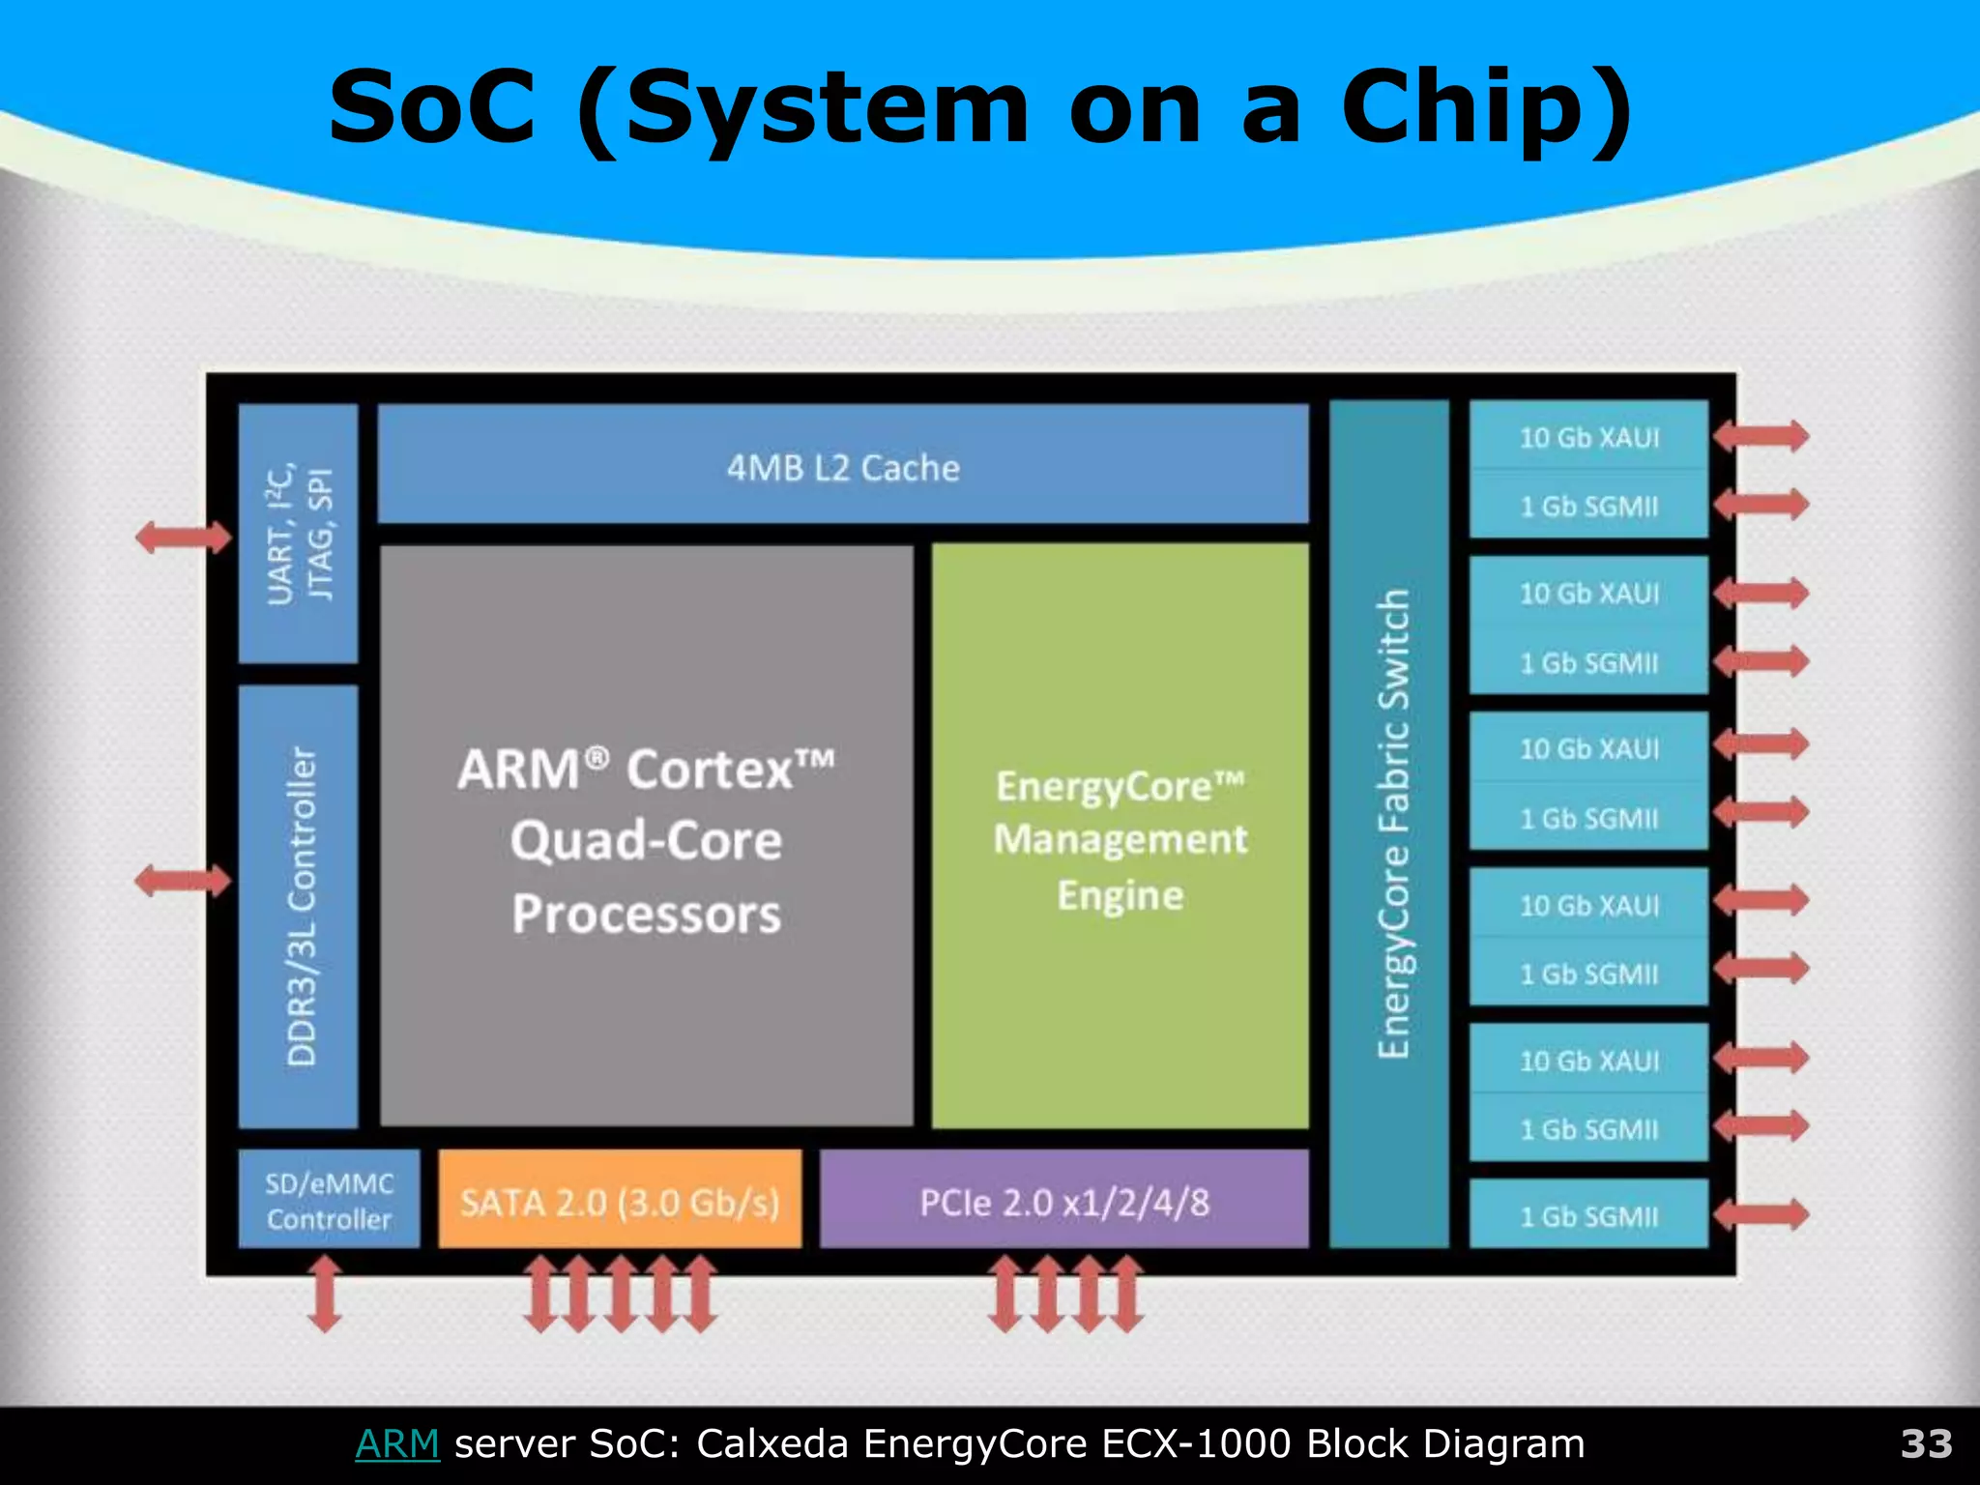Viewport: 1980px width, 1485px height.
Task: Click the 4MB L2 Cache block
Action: (843, 466)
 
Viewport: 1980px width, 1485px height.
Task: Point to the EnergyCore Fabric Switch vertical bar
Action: (1390, 824)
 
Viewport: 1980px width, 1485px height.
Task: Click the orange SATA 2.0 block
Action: (620, 1201)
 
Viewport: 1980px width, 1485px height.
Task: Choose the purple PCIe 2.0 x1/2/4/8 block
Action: (1063, 1201)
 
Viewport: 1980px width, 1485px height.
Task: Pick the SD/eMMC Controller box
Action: (329, 1201)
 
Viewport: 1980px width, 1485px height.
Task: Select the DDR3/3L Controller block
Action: (299, 906)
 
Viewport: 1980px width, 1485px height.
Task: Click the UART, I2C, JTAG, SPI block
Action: (299, 534)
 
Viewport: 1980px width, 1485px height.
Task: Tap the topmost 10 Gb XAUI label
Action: (1588, 438)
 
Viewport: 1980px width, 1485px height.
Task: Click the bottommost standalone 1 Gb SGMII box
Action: (1588, 1215)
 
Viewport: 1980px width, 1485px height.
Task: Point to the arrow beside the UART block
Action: (184, 537)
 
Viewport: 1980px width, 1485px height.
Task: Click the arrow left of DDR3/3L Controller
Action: (184, 880)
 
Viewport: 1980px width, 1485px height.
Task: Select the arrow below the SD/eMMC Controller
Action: (325, 1294)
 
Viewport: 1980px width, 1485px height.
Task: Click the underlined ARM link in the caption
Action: (397, 1443)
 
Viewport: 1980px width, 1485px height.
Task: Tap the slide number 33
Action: (1926, 1443)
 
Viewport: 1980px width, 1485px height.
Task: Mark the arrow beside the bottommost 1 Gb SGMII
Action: (1761, 1214)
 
